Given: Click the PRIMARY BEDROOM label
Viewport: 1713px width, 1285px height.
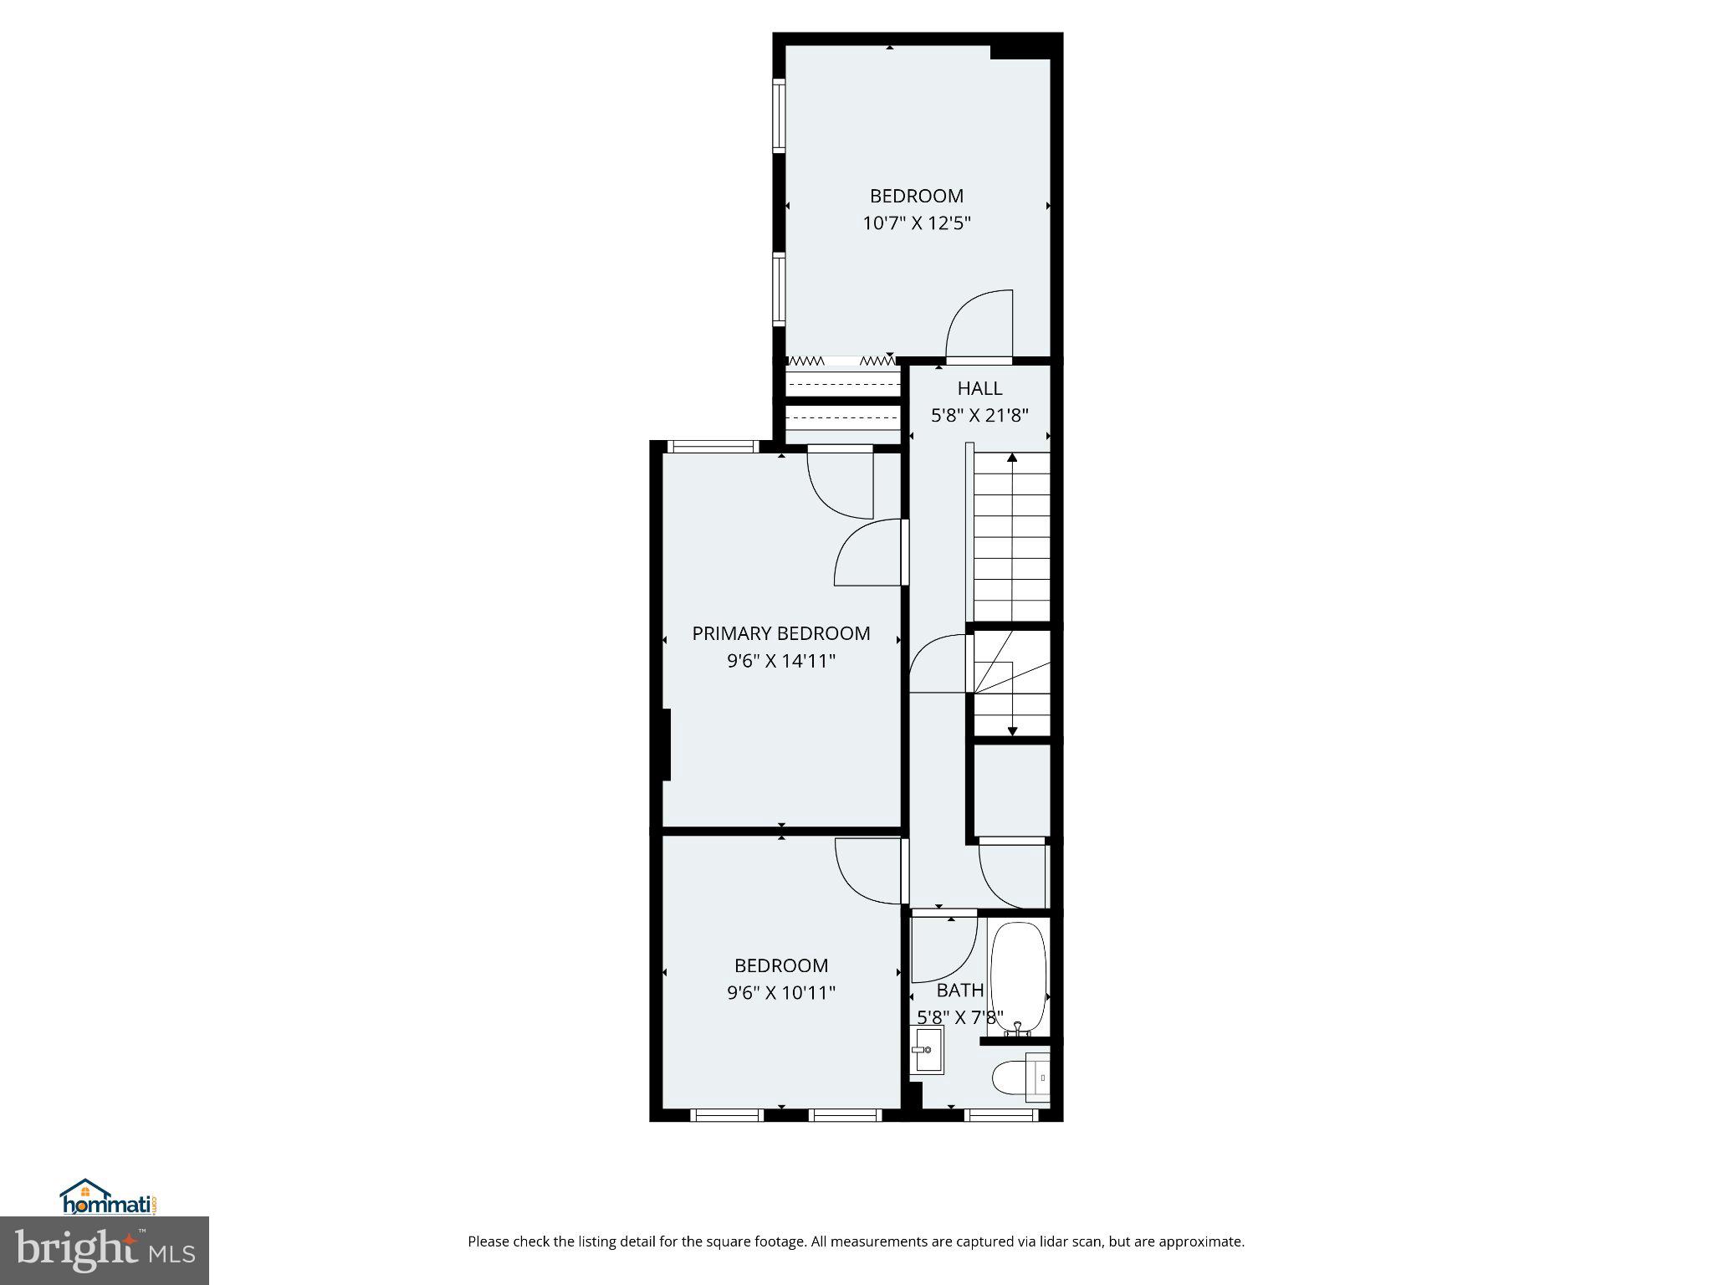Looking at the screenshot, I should click(780, 633).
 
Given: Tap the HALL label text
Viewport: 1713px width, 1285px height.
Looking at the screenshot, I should click(979, 388).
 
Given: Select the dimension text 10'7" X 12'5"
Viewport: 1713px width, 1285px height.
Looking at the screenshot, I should click(916, 223).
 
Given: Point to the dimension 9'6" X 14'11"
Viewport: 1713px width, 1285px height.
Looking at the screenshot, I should click(780, 661).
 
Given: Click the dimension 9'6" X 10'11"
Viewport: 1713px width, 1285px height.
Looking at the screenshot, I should click(780, 993).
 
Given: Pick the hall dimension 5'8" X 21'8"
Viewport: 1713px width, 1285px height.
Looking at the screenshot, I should click(979, 415).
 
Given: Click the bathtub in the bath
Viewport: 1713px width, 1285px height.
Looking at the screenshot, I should click(1018, 976).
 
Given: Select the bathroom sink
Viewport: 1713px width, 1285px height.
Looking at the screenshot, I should click(926, 1051).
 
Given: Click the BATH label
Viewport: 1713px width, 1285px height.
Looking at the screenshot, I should click(959, 991).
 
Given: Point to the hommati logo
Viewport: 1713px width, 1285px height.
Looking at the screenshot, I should click(109, 1197).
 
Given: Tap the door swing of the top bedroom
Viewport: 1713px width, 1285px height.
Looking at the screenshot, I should click(979, 324).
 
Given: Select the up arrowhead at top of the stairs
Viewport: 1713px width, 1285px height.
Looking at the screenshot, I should click(1012, 458).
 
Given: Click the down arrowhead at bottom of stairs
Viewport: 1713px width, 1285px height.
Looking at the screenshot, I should click(1012, 731).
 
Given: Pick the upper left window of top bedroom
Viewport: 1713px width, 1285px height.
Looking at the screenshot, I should click(779, 115).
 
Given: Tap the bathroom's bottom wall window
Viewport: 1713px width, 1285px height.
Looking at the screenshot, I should click(1001, 1114).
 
